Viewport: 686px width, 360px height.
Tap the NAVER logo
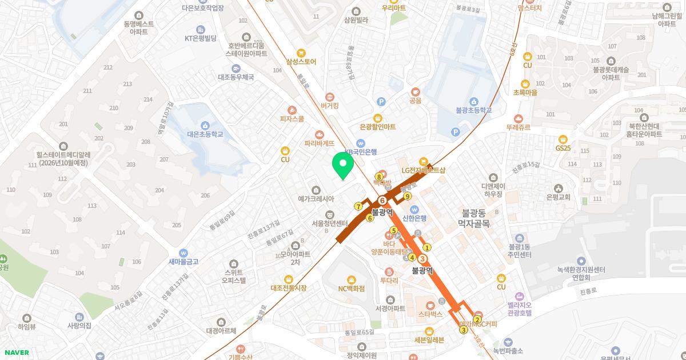point(15,353)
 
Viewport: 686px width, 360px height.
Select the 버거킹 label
point(330,105)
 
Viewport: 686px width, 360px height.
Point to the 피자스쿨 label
point(292,118)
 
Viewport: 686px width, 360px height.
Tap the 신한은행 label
point(414,218)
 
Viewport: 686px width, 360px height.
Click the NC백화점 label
point(351,288)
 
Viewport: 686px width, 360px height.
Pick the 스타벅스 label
point(430,314)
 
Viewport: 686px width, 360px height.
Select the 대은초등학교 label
point(205,134)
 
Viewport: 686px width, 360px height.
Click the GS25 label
point(563,147)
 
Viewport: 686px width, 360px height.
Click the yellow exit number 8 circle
point(378,177)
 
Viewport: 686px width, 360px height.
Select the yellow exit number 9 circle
point(408,197)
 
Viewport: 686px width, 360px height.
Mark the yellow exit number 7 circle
point(358,206)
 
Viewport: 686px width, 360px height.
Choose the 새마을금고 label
point(184,262)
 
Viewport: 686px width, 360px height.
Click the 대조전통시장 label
point(288,287)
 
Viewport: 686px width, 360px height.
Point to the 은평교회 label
point(559,197)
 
